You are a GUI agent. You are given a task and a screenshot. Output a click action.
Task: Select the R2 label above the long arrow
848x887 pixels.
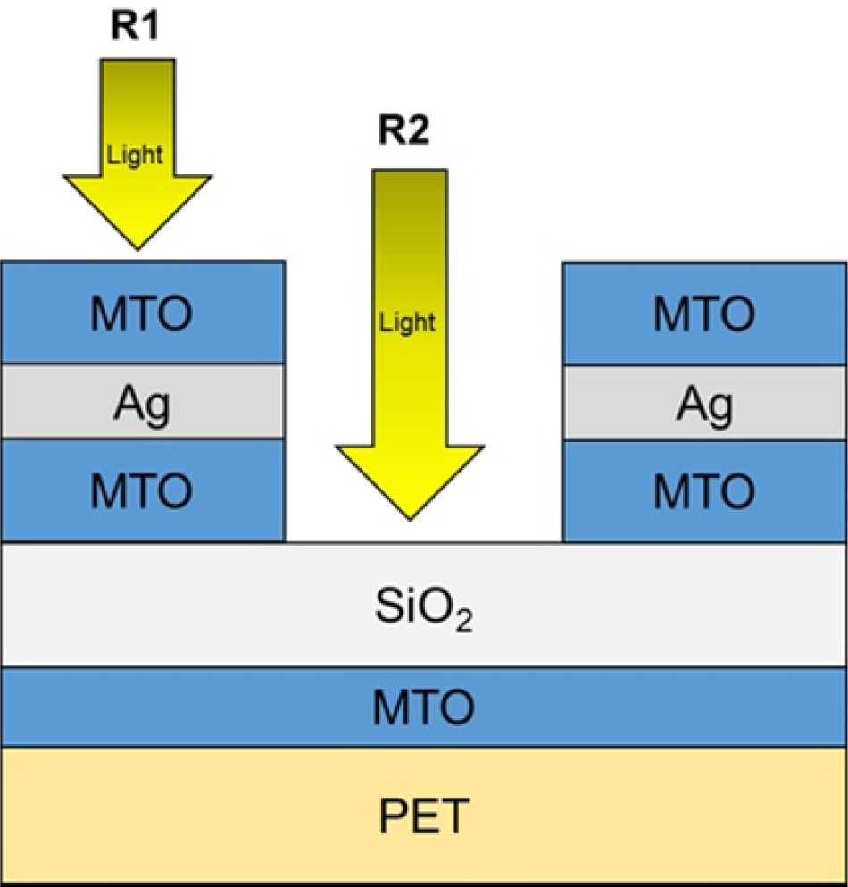click(403, 130)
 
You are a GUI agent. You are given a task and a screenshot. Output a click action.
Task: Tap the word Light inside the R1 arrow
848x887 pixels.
click(135, 155)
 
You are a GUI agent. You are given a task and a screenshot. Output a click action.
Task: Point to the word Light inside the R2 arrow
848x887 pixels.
click(407, 322)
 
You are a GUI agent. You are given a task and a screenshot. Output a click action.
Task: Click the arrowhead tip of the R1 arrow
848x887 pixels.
click(137, 248)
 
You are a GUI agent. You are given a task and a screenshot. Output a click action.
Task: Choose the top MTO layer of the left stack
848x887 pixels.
click(143, 313)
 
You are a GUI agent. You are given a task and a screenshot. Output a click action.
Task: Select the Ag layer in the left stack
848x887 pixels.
click(143, 402)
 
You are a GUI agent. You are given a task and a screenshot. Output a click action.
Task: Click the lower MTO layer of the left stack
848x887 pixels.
click(143, 490)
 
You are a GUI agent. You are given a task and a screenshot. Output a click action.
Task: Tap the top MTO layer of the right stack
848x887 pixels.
click(704, 314)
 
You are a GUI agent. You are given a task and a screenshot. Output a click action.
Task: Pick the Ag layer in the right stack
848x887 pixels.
click(705, 403)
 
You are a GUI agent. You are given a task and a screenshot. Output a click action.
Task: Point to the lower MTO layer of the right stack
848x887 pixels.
click(704, 491)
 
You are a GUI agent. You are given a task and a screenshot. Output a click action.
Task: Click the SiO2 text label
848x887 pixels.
click(423, 608)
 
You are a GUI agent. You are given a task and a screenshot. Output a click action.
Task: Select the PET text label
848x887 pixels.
click(424, 816)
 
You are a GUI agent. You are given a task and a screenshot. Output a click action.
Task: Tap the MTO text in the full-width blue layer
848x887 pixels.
click(423, 707)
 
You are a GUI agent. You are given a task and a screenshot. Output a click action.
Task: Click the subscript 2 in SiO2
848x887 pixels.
click(464, 622)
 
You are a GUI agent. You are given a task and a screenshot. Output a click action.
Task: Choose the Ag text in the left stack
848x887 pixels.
click(142, 404)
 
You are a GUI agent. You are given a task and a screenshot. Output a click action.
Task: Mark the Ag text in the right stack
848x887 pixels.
click(705, 405)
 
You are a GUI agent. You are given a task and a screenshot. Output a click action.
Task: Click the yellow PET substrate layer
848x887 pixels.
click(424, 816)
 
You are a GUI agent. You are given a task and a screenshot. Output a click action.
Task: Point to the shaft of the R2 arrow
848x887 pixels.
click(410, 308)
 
